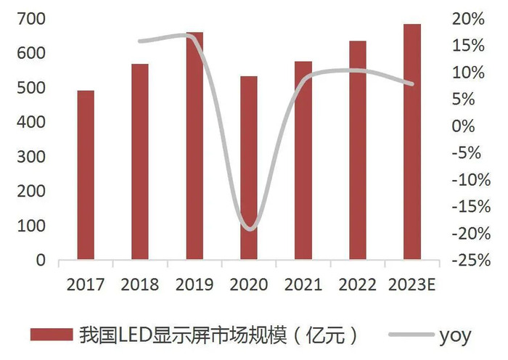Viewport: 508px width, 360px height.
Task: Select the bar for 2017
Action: click(86, 175)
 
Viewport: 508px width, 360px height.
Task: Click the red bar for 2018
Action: click(140, 162)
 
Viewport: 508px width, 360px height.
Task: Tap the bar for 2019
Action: click(194, 146)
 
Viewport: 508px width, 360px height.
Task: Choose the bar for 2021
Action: click(303, 160)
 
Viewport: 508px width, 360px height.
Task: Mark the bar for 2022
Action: click(358, 150)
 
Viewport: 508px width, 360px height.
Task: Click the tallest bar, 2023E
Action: click(412, 142)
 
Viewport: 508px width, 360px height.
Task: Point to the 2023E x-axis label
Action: click(412, 284)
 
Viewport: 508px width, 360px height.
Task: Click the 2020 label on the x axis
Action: click(249, 284)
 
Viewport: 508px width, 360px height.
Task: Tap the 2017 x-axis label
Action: click(86, 284)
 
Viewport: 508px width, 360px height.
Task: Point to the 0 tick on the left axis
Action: click(41, 261)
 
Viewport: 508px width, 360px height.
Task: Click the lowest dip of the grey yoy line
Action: click(249, 229)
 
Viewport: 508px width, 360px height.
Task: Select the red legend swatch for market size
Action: click(52, 335)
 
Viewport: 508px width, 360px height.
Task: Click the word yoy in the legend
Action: click(455, 335)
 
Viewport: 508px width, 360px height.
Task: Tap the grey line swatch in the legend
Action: click(410, 335)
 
